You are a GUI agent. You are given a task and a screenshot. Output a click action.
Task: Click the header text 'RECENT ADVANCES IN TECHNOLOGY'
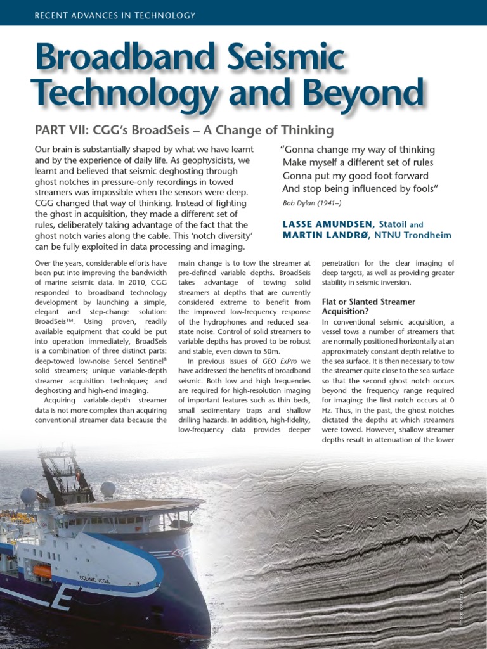(x=115, y=15)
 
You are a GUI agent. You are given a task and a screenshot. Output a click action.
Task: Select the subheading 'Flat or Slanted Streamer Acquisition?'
(x=368, y=307)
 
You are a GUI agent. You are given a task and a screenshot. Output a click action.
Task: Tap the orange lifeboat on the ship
(x=42, y=571)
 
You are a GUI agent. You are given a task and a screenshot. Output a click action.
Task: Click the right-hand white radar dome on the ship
(x=108, y=489)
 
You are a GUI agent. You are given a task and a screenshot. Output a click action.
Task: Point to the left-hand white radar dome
(x=29, y=496)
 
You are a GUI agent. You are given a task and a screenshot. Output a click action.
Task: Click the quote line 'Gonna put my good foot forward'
(x=355, y=176)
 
